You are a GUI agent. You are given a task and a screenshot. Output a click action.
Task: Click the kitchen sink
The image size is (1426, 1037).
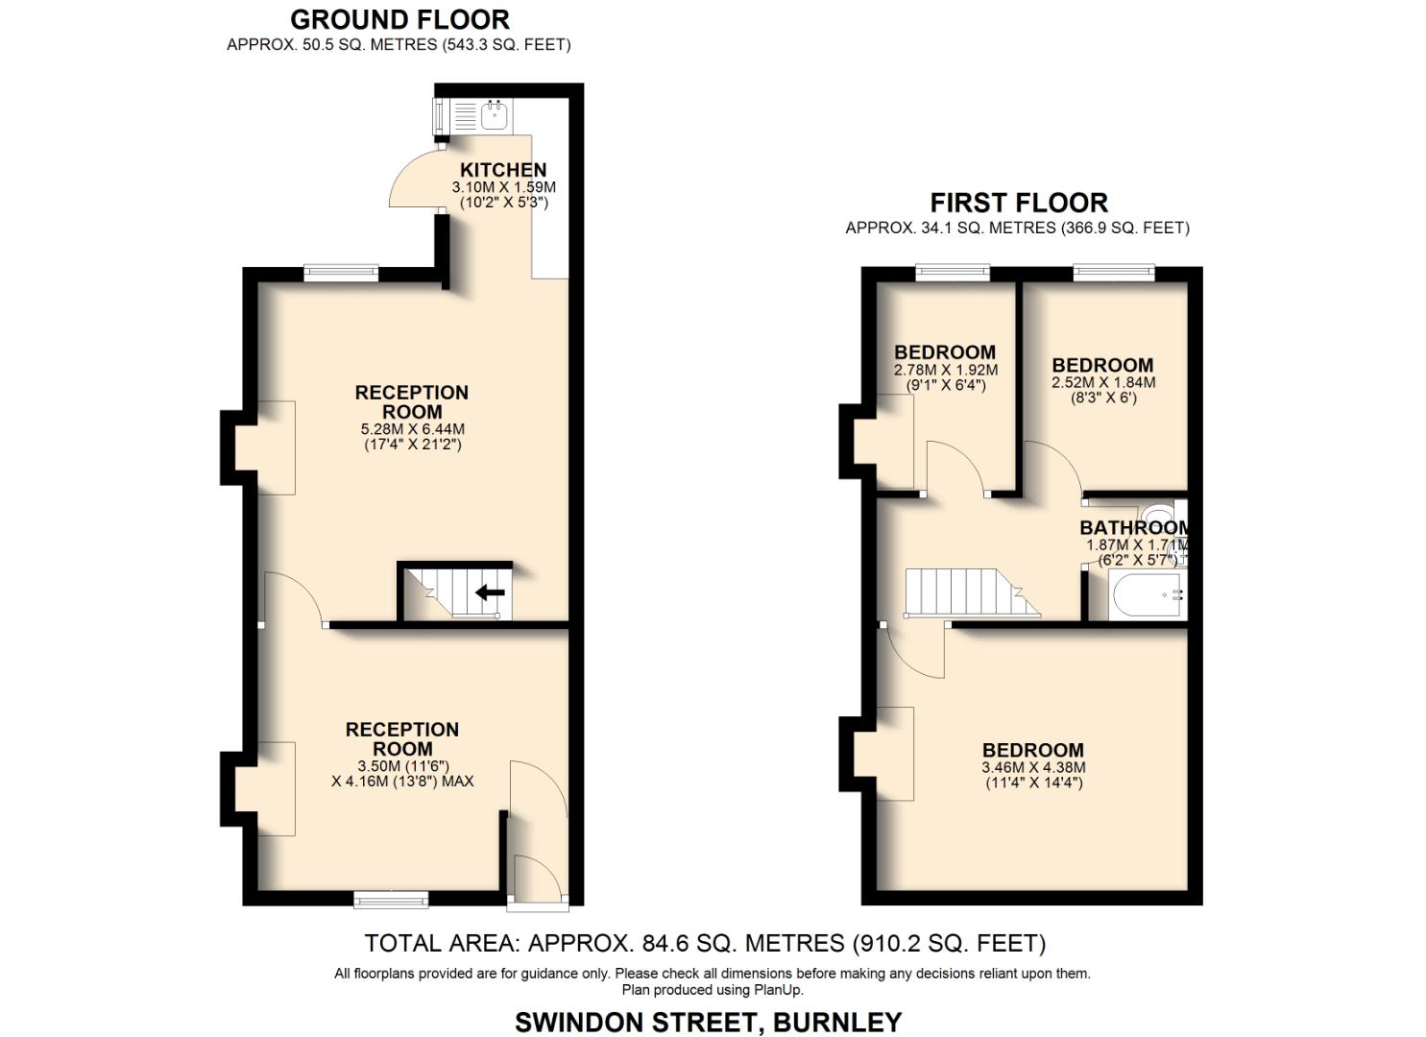point(495,117)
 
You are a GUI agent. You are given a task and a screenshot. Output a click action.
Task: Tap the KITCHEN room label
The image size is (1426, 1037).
point(503,170)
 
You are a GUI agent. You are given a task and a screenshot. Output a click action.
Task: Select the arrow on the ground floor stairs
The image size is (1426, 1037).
point(490,592)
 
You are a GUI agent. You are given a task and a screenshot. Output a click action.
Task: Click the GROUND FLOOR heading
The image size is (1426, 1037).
point(399,19)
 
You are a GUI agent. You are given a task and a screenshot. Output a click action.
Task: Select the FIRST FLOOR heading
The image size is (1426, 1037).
point(1019,203)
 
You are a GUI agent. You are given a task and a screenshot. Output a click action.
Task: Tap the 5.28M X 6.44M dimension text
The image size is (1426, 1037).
point(412,429)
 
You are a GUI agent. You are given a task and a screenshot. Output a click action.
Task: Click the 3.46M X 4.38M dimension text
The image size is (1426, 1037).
point(1033,767)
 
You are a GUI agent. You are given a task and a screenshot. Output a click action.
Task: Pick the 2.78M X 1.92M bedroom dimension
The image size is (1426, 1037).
point(945,370)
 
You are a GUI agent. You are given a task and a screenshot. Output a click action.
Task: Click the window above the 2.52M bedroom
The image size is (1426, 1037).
point(1114,273)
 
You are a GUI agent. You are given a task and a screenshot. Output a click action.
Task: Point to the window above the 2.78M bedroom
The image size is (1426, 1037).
point(952,273)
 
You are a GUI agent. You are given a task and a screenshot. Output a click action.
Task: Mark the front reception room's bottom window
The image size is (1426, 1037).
point(391,900)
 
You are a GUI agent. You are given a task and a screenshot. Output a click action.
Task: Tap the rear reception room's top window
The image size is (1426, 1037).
point(341,274)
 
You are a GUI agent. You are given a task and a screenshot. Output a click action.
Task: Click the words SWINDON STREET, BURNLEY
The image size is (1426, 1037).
point(709,1022)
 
